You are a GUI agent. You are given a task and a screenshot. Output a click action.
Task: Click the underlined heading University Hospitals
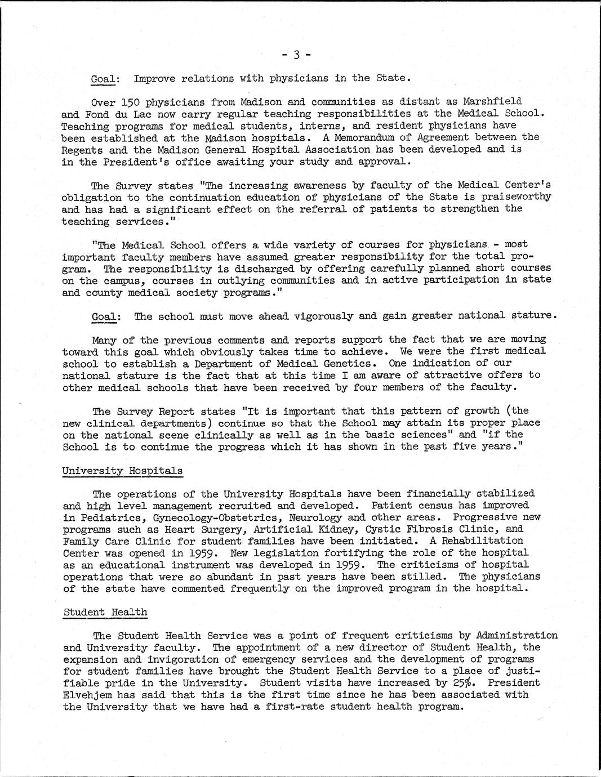[122, 470]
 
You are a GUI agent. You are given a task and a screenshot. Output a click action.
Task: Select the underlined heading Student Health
[105, 612]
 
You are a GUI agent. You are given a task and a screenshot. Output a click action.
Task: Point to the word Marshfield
[492, 101]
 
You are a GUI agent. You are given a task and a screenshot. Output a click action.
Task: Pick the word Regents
[82, 149]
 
